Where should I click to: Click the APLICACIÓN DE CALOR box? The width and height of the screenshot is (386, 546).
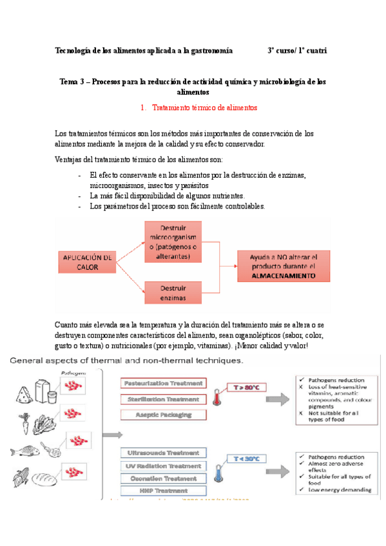click(x=87, y=262)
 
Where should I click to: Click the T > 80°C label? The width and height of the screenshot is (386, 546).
click(x=245, y=388)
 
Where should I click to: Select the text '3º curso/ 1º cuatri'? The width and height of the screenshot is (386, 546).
click(x=297, y=50)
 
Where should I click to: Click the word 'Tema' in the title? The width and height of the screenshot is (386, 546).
click(x=69, y=82)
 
